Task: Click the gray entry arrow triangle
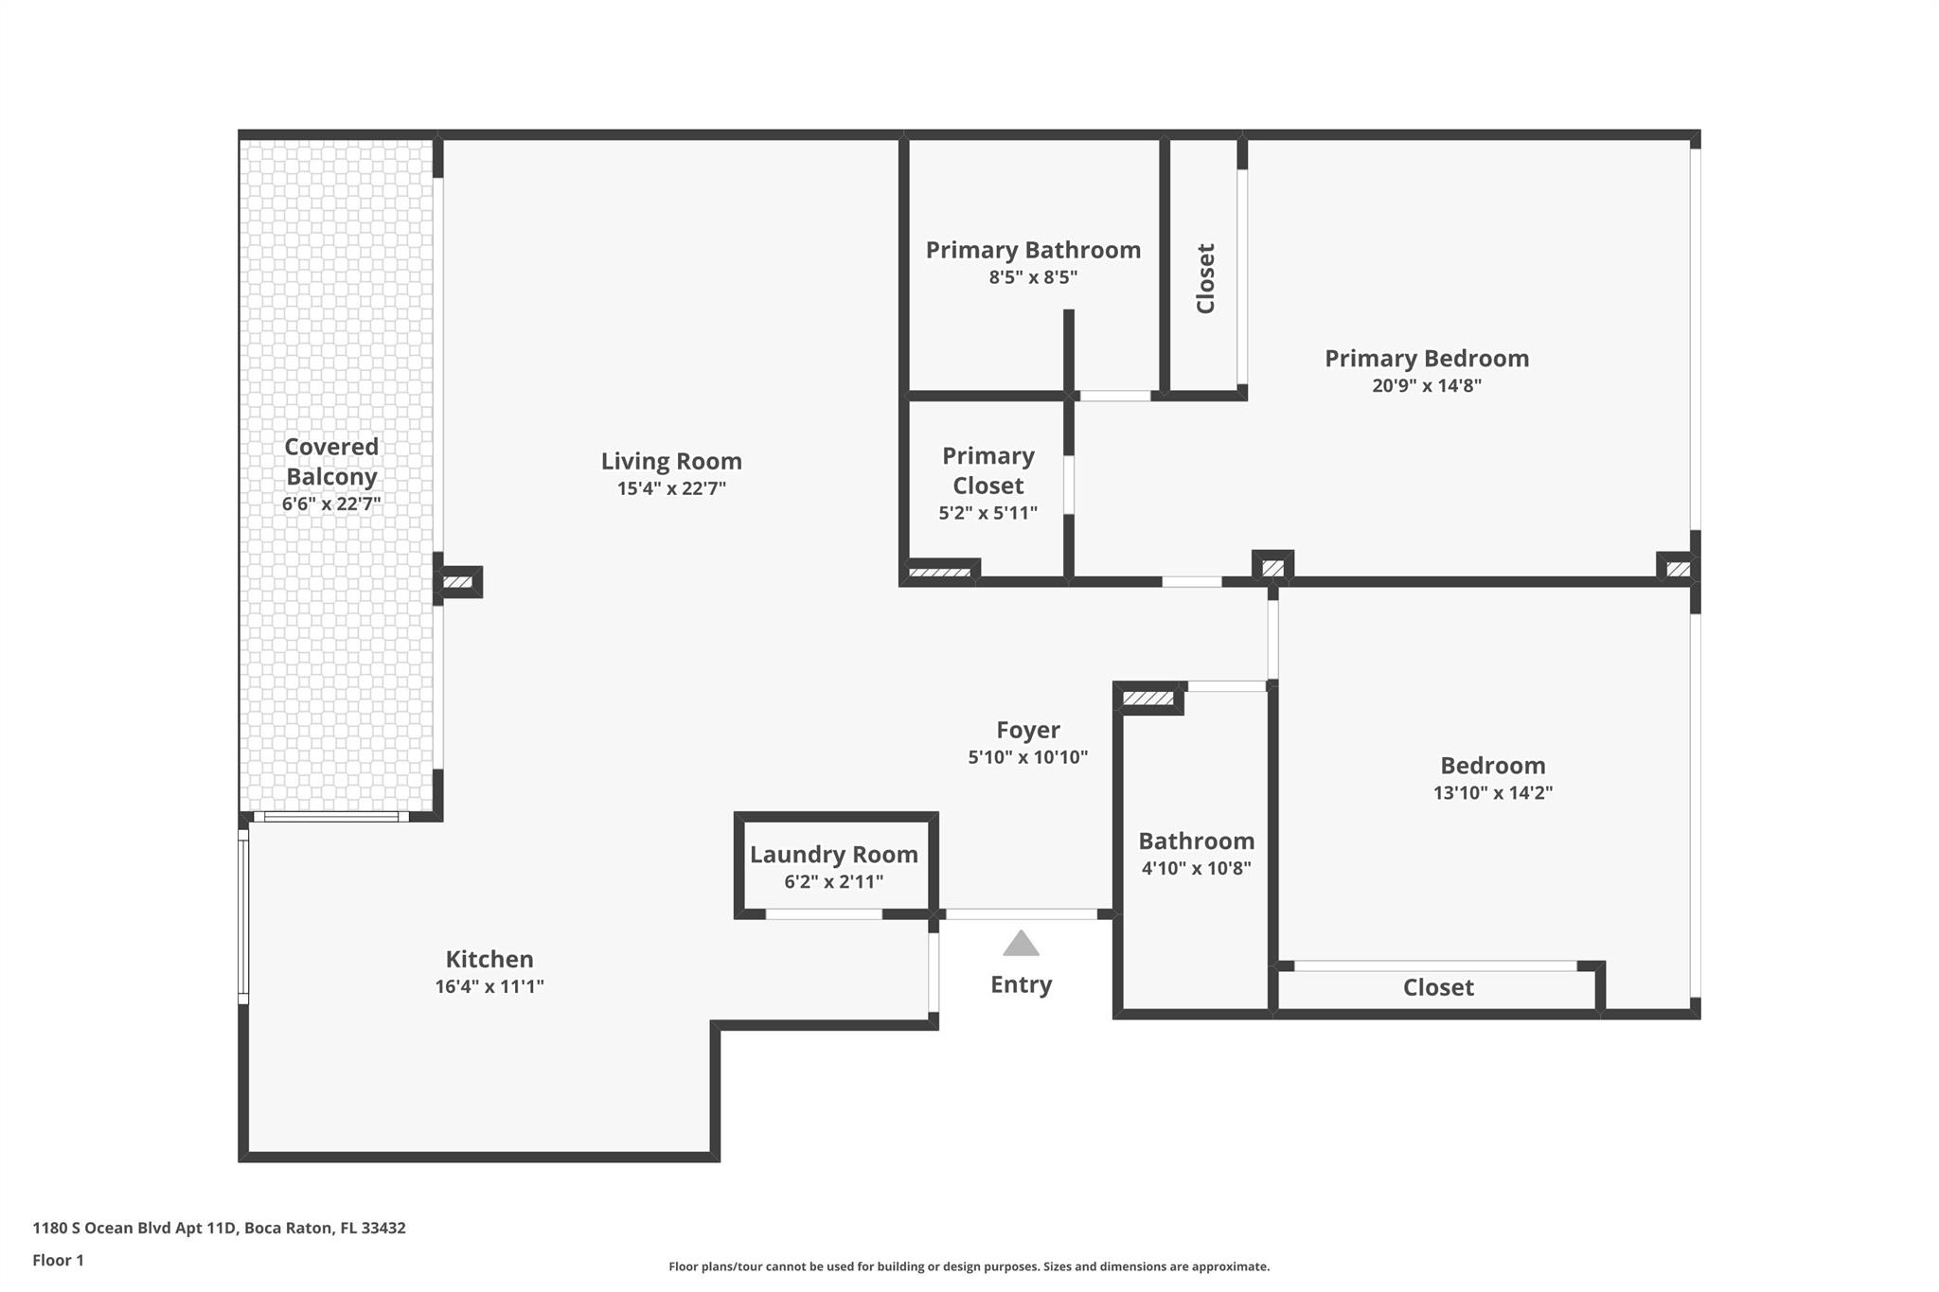point(1021,944)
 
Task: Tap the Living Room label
point(671,461)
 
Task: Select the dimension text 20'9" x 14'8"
point(1426,385)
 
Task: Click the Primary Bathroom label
point(1033,250)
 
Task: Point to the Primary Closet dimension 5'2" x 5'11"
point(987,513)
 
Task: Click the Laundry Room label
point(833,855)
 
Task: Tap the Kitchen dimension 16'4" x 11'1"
point(489,986)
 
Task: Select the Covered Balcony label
point(331,461)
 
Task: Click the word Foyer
point(1027,730)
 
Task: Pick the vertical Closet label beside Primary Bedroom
point(1205,278)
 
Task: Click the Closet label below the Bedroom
point(1437,988)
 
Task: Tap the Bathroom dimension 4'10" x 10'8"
point(1196,868)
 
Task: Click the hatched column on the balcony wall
point(458,582)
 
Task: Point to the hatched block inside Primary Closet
point(939,573)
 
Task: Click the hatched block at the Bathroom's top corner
point(1147,699)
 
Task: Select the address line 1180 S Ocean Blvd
point(219,1228)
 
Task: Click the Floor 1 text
point(58,1260)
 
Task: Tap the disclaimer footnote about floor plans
point(969,1266)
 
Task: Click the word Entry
point(1021,984)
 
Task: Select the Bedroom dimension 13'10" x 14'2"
point(1492,793)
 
